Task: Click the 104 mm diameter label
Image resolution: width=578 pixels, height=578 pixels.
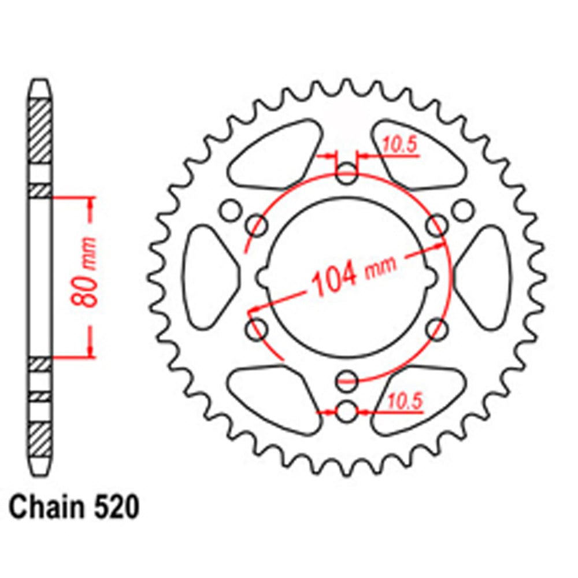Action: point(354,275)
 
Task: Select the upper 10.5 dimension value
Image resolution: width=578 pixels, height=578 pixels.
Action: point(398,147)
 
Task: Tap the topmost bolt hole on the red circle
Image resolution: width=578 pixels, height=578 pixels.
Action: point(347,175)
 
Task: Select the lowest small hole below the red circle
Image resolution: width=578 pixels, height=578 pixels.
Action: point(347,412)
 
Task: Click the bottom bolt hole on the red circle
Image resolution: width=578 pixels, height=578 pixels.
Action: point(347,380)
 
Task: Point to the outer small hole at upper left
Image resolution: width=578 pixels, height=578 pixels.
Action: point(231,210)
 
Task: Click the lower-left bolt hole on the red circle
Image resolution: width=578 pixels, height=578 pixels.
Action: point(256,330)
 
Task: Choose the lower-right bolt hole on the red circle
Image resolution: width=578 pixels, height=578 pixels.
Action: point(438,330)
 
